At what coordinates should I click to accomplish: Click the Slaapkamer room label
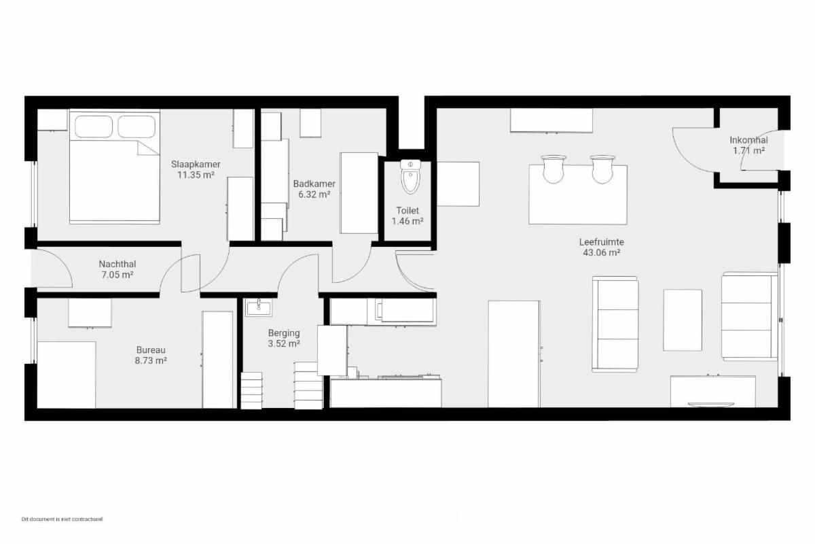(x=196, y=164)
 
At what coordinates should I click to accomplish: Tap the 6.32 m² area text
(x=314, y=194)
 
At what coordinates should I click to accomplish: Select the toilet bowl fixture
(x=410, y=177)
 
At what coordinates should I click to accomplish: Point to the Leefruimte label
(x=602, y=242)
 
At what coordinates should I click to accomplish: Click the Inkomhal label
(x=748, y=140)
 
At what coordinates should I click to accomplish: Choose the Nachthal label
(x=117, y=264)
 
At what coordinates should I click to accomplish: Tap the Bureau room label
(x=151, y=350)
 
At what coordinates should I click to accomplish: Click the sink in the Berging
(x=258, y=307)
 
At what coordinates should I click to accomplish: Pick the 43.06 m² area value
(x=602, y=252)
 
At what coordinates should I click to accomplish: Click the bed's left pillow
(x=94, y=126)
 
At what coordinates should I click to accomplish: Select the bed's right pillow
(x=137, y=126)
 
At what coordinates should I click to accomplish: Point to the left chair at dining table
(x=554, y=169)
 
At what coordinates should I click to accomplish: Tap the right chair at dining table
(x=603, y=169)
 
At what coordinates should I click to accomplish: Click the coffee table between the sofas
(x=683, y=320)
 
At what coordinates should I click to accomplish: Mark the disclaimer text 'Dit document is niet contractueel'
(x=62, y=519)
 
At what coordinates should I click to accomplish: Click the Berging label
(x=284, y=333)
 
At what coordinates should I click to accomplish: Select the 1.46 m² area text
(x=407, y=221)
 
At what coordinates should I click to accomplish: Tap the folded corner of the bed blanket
(x=148, y=148)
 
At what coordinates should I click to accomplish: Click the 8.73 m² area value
(x=151, y=360)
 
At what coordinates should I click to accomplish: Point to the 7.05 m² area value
(x=117, y=275)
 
